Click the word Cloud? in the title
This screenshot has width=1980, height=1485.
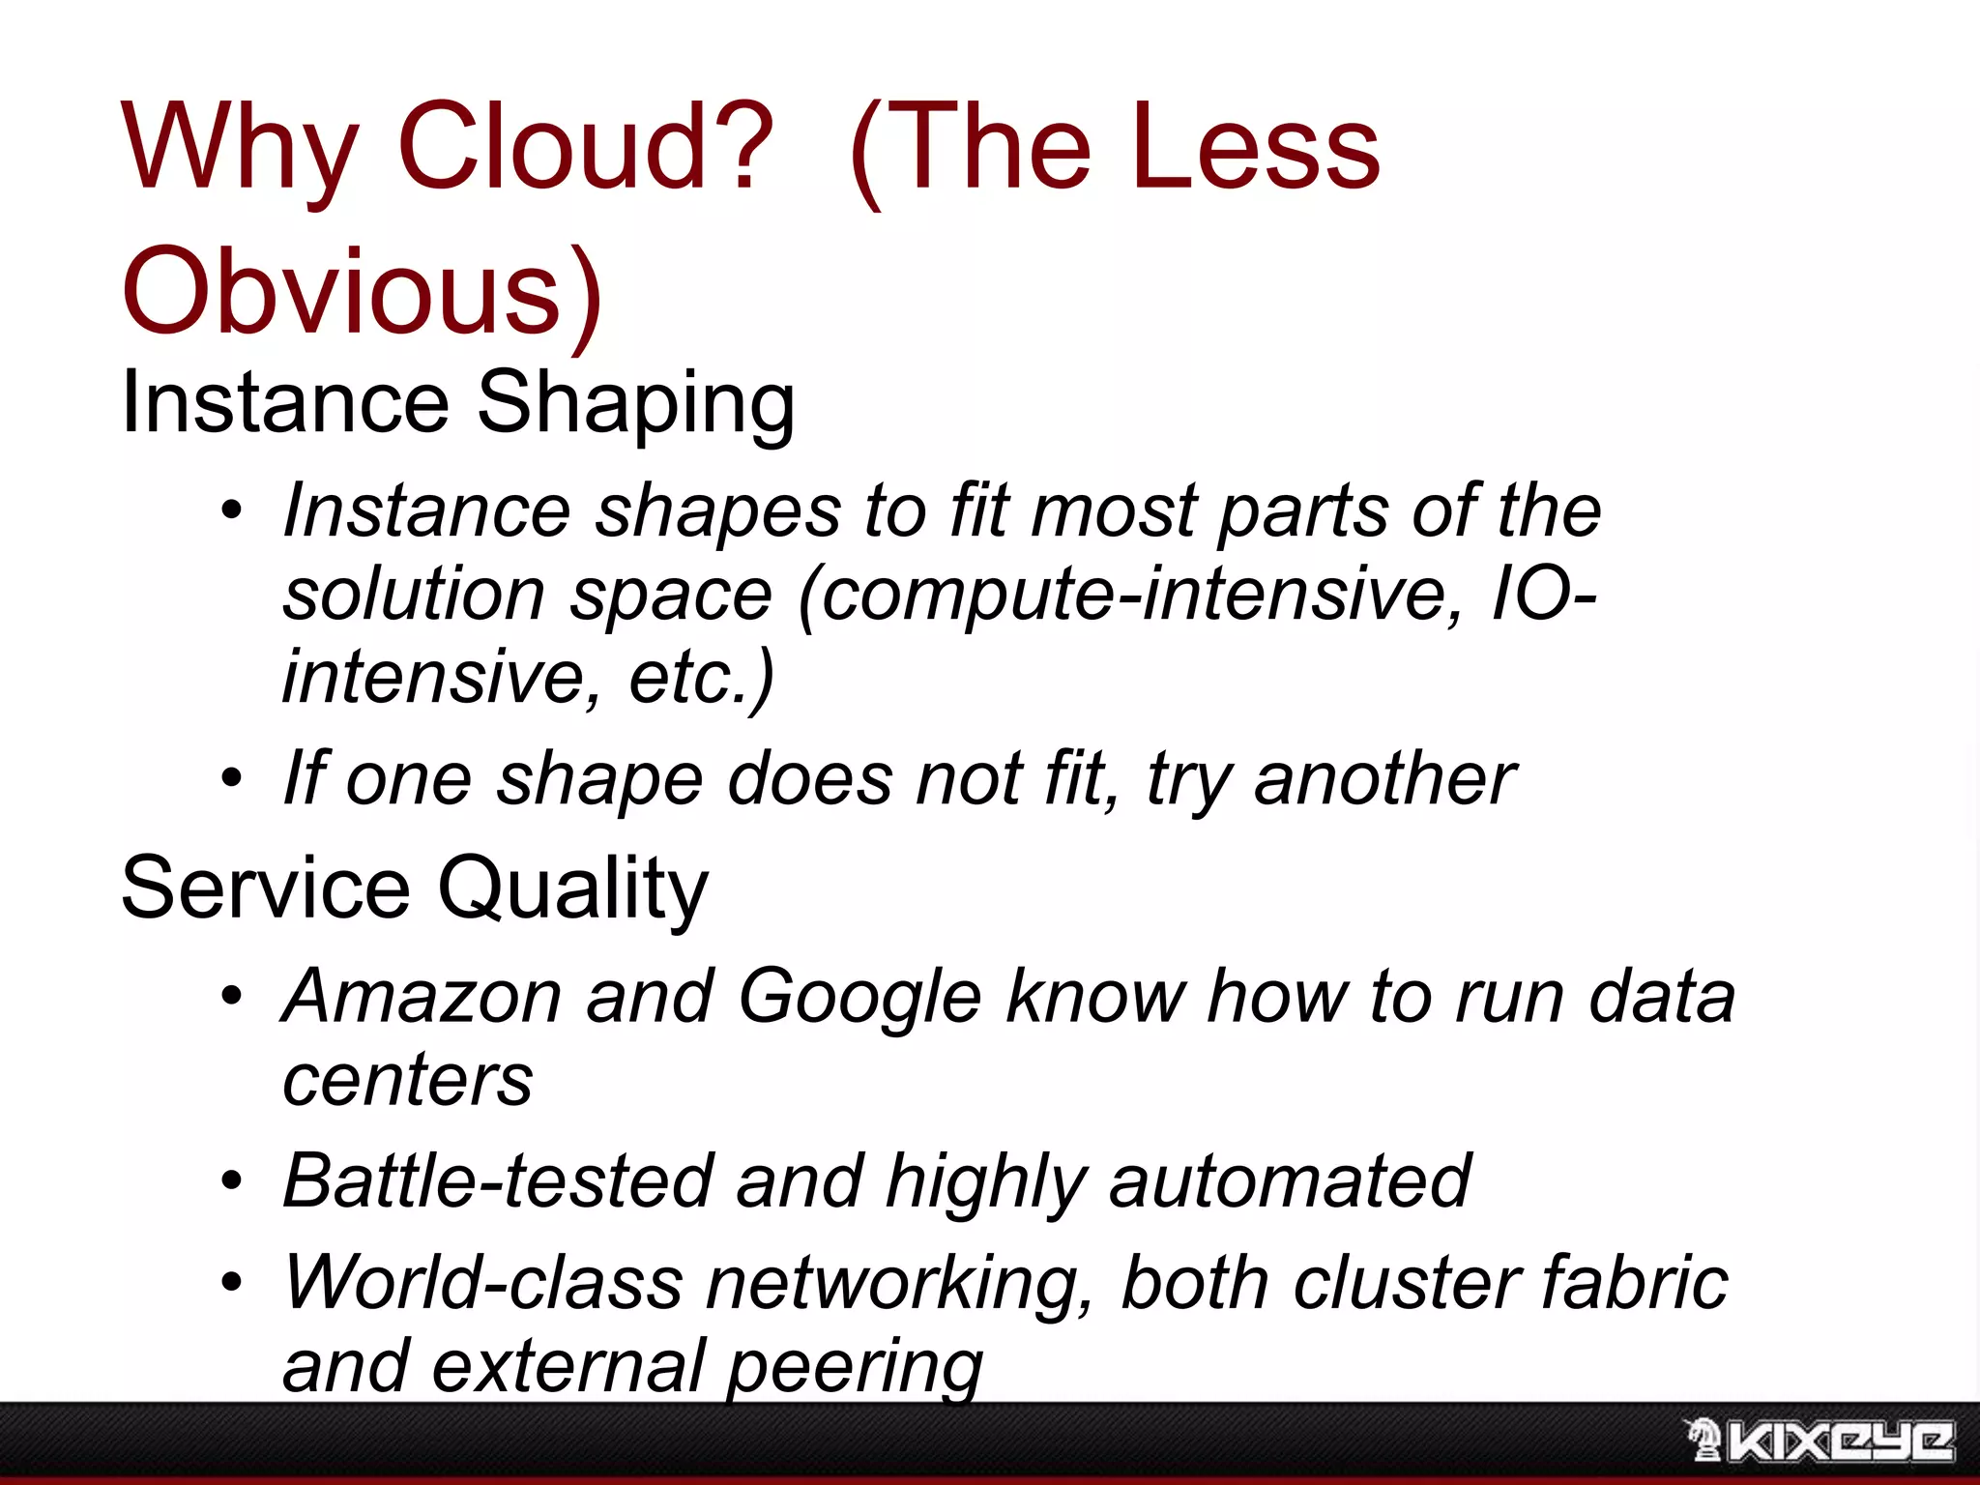click(x=585, y=147)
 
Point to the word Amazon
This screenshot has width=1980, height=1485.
click(x=422, y=996)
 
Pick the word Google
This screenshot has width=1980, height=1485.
click(x=860, y=998)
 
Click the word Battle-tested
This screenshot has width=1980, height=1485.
click(x=498, y=1180)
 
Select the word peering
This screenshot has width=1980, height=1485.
click(x=855, y=1367)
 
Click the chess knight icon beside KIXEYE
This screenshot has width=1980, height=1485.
click(x=1703, y=1440)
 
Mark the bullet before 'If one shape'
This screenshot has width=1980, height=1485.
click(x=231, y=778)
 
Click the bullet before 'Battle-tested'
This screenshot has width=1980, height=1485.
click(x=231, y=1181)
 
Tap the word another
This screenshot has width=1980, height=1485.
click(x=1384, y=779)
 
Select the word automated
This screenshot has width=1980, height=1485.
click(x=1290, y=1180)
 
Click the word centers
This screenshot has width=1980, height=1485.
click(x=407, y=1080)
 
